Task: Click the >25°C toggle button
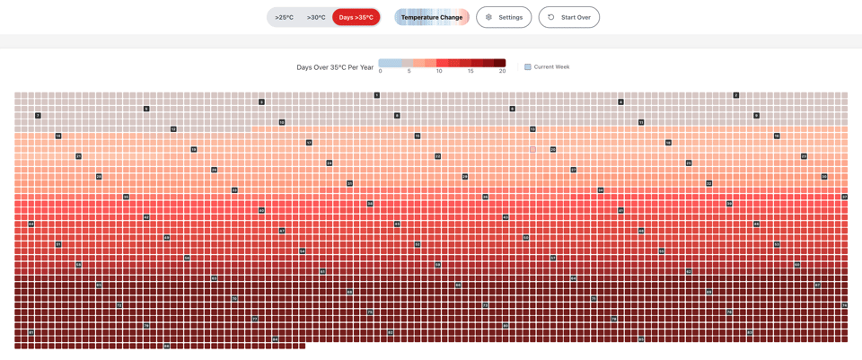[x=285, y=17]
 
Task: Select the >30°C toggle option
[x=316, y=17]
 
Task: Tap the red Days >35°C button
[x=356, y=17]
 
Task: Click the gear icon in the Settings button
[x=489, y=17]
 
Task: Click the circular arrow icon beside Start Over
[x=551, y=17]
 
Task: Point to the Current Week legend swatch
[x=528, y=67]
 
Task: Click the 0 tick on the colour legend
[x=381, y=71]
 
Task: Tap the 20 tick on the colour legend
[x=503, y=71]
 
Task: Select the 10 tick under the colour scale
[x=439, y=71]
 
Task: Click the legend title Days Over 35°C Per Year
[x=335, y=67]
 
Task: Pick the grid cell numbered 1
[x=377, y=95]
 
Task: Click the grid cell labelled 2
[x=736, y=95]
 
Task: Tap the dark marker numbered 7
[x=38, y=116]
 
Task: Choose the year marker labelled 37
[x=845, y=197]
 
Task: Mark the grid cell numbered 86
[x=167, y=346]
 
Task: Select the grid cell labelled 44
[x=31, y=224]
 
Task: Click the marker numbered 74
[x=845, y=305]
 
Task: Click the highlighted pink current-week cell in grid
[x=532, y=149]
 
